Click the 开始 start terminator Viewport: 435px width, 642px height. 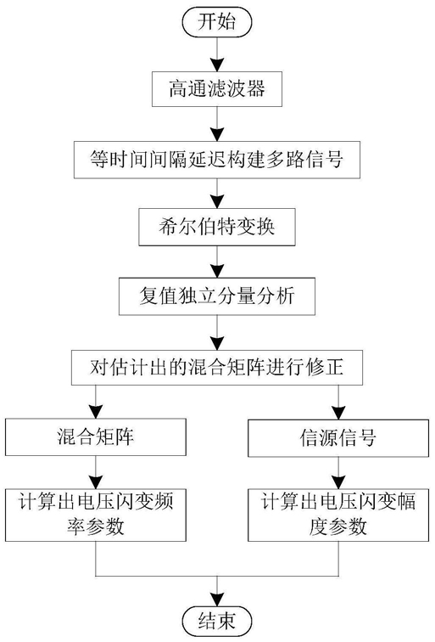click(x=217, y=21)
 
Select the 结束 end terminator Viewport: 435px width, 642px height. click(x=217, y=621)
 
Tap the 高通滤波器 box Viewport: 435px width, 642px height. click(x=217, y=89)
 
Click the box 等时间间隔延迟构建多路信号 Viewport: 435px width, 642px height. click(x=217, y=160)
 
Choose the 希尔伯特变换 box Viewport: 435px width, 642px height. click(x=217, y=228)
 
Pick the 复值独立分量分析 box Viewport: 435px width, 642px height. click(x=217, y=296)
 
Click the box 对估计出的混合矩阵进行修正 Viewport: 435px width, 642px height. click(x=217, y=367)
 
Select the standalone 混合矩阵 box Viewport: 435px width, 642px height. click(x=96, y=436)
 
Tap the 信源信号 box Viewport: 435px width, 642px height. click(x=338, y=437)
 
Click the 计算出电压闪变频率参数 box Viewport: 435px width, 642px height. click(x=96, y=515)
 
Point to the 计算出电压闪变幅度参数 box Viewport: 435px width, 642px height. click(x=338, y=515)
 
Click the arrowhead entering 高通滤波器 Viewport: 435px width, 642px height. click(x=217, y=65)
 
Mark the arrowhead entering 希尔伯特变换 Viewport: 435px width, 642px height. click(x=217, y=202)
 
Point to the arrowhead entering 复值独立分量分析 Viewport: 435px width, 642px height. click(x=217, y=271)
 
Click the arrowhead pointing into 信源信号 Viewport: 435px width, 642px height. click(x=338, y=413)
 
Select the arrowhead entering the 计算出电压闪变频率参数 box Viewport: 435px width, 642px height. click(x=96, y=481)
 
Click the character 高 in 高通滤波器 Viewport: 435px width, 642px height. click(x=178, y=89)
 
